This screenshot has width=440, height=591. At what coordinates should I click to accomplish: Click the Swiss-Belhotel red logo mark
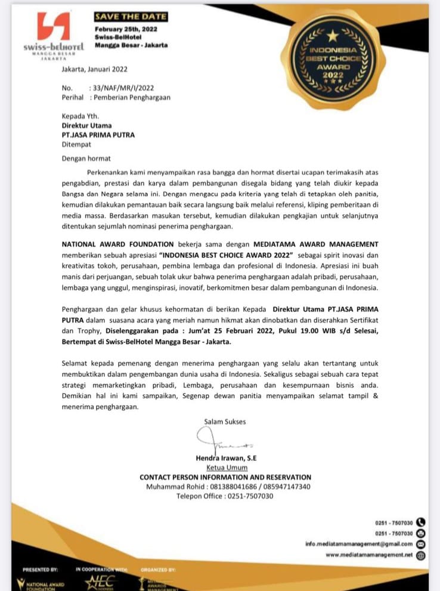[53, 26]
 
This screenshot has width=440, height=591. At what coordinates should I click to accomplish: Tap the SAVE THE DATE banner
[131, 17]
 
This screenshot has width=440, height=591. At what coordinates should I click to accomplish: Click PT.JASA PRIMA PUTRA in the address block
[98, 135]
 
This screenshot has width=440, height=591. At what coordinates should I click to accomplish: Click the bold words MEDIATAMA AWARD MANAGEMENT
[315, 245]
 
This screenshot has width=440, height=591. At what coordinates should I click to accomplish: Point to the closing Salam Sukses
[225, 422]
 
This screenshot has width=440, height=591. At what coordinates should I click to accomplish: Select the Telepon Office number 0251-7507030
[249, 496]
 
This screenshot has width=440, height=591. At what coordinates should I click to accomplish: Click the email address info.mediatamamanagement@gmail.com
[359, 544]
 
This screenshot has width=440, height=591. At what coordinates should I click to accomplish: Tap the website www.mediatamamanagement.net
[369, 555]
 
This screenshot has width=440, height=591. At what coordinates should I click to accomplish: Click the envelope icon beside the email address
[421, 544]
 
